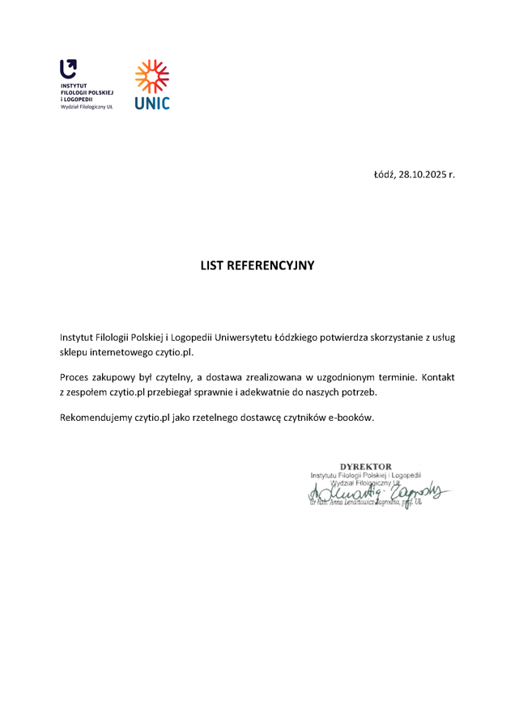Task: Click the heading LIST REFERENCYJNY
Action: coord(257,265)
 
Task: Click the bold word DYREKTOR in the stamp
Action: coord(367,465)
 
